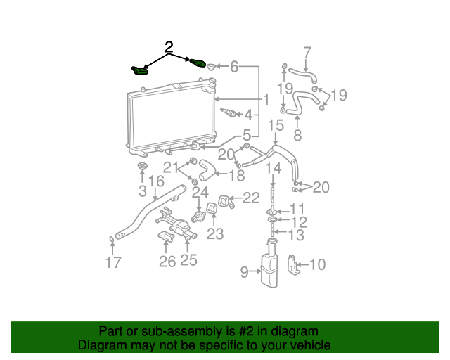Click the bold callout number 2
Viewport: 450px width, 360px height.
pyautogui.click(x=169, y=48)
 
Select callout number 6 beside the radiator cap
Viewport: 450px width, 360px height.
pyautogui.click(x=233, y=67)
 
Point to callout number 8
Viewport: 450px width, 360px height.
pyautogui.click(x=297, y=135)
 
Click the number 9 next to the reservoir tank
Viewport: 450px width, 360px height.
pyautogui.click(x=245, y=271)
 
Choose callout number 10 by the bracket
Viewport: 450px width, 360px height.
pyautogui.click(x=317, y=265)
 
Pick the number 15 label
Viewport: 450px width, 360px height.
pyautogui.click(x=276, y=125)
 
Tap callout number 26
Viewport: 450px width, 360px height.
pyautogui.click(x=167, y=262)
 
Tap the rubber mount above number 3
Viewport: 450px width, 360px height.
pyautogui.click(x=142, y=167)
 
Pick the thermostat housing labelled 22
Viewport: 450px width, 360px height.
pyautogui.click(x=225, y=202)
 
